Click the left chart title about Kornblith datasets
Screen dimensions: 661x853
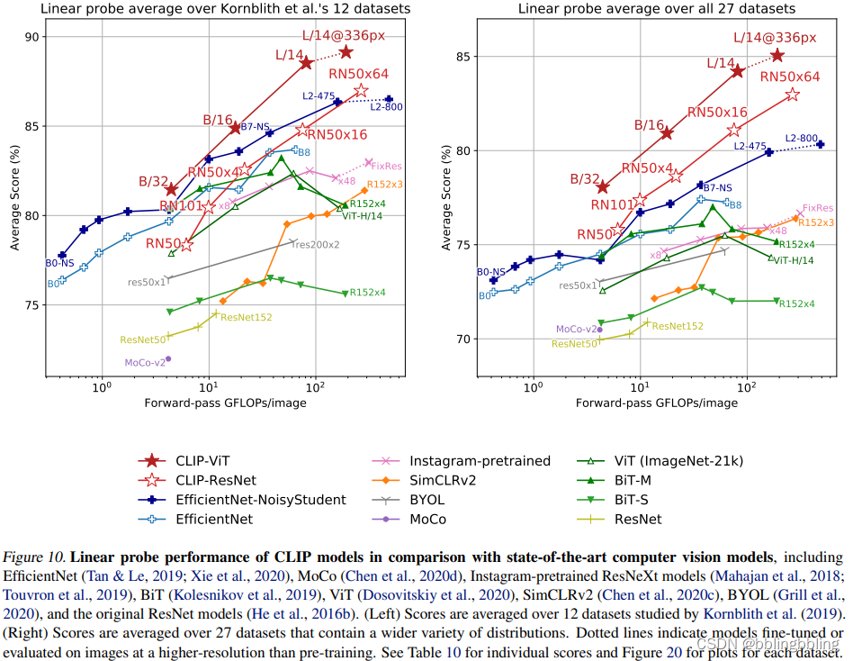pos(226,9)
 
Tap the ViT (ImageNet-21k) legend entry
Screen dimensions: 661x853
pos(674,461)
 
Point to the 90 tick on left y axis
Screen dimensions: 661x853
pos(35,37)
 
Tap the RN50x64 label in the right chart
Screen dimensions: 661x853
pos(790,77)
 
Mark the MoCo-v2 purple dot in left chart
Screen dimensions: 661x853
pos(168,358)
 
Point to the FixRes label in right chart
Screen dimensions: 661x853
pos(818,208)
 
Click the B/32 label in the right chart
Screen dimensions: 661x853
pos(586,179)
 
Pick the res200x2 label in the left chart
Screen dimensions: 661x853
pos(316,244)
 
